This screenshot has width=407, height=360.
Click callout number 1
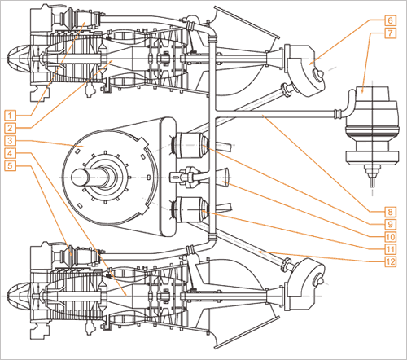pos(10,116)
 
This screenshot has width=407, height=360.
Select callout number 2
pos(10,128)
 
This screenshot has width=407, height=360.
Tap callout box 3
pos(10,141)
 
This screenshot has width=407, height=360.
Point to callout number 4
pos(10,153)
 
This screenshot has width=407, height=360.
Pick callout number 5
pos(10,165)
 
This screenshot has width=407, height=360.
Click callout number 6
pos(390,20)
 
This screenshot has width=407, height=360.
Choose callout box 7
pos(390,33)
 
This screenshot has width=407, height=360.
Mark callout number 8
pos(390,212)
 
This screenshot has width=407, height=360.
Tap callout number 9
pos(390,224)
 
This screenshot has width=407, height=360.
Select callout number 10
pos(390,237)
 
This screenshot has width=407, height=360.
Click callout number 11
pos(390,249)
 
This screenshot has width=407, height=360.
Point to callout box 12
pos(390,261)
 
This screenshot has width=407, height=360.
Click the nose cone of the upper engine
pos(19,59)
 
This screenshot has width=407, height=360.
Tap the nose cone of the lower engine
pos(19,296)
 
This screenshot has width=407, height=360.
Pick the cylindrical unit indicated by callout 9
pos(191,145)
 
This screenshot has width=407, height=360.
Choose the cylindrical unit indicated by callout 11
pos(191,210)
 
